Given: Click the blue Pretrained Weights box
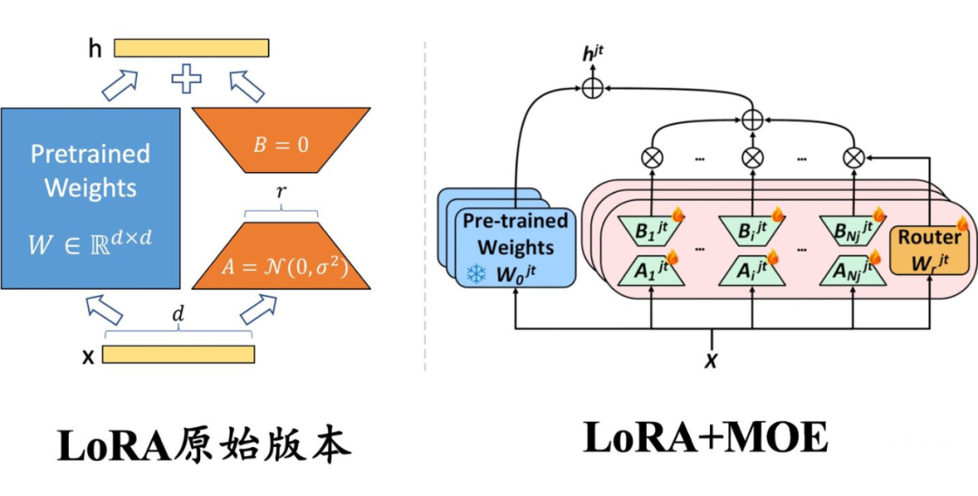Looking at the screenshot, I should click(x=91, y=198).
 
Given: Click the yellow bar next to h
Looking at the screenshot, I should click(x=191, y=48).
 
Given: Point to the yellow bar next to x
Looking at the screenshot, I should click(x=177, y=355).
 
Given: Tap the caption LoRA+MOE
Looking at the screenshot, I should click(x=705, y=438).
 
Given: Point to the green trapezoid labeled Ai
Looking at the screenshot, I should click(x=752, y=270).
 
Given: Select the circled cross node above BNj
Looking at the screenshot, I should click(x=851, y=157).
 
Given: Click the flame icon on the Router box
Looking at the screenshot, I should click(x=962, y=223).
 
